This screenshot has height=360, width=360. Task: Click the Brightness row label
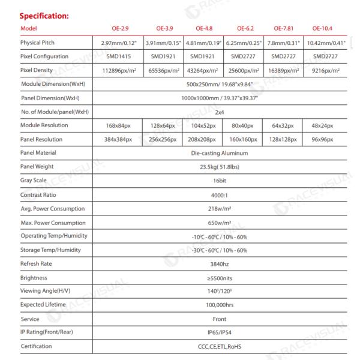[34, 278]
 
